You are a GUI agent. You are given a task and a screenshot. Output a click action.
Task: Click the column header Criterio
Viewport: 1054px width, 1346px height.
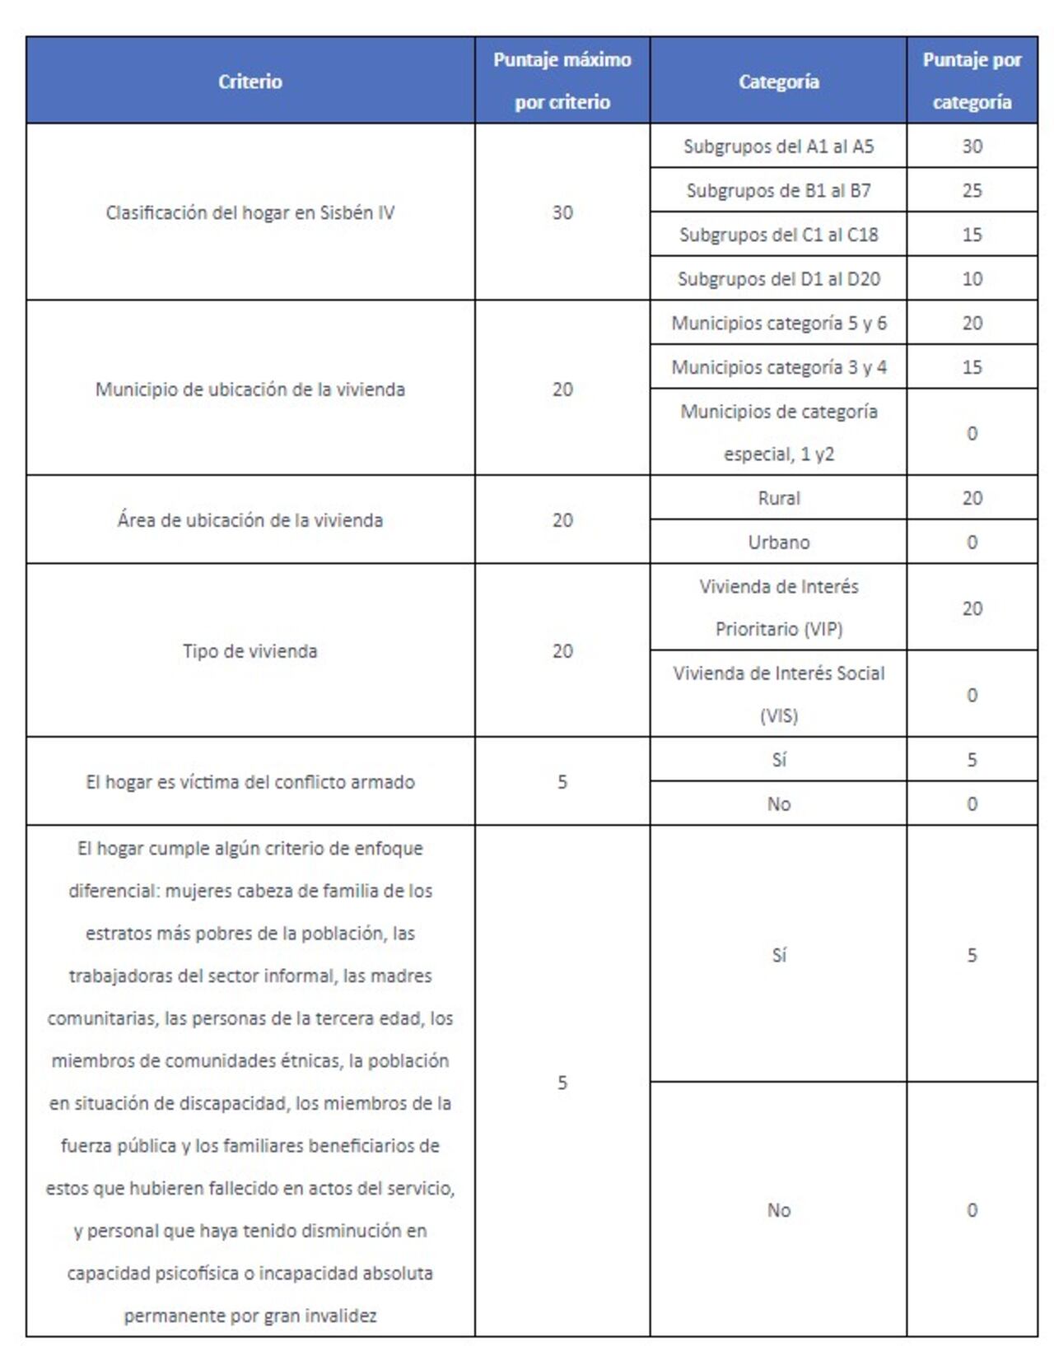coord(250,82)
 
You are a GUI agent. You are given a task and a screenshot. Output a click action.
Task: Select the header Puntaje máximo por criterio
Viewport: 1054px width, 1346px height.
coord(562,81)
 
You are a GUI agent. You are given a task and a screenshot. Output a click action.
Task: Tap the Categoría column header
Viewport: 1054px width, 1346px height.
coord(778,82)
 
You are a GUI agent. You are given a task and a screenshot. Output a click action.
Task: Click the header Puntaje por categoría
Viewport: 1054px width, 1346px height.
coord(972,81)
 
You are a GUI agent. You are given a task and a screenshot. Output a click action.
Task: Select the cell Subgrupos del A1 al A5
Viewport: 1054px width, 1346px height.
coord(778,147)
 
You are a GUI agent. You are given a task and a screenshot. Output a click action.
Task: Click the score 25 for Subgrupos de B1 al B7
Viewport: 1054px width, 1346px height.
coord(972,191)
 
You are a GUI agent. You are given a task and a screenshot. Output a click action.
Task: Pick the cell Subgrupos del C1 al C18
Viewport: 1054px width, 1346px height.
coord(778,235)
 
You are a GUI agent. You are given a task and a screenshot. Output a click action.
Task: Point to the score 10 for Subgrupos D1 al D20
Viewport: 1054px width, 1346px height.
coord(972,279)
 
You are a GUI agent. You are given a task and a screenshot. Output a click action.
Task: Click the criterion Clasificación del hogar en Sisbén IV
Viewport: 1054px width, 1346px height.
coord(250,212)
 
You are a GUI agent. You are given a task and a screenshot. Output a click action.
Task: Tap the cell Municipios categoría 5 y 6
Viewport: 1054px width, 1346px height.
coord(778,323)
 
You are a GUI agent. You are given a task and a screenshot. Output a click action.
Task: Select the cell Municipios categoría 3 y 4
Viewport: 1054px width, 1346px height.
coord(778,367)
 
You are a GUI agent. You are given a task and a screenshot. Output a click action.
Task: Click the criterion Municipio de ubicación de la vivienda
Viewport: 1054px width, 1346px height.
coord(250,389)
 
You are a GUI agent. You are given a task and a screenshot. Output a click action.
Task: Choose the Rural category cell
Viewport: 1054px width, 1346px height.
coord(778,498)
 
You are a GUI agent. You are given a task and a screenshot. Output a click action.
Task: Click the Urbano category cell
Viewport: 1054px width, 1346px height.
coord(778,543)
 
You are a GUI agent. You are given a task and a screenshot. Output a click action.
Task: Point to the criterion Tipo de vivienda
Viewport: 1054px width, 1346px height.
coord(250,651)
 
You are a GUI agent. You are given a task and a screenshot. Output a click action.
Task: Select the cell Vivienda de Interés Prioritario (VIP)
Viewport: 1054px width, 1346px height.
coord(778,608)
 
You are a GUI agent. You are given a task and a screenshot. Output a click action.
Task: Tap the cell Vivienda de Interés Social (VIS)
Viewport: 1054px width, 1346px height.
coord(778,694)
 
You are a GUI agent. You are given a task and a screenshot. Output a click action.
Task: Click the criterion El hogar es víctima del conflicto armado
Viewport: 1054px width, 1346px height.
coord(250,782)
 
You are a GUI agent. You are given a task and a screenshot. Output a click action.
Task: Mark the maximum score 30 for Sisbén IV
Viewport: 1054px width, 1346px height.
coord(562,212)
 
